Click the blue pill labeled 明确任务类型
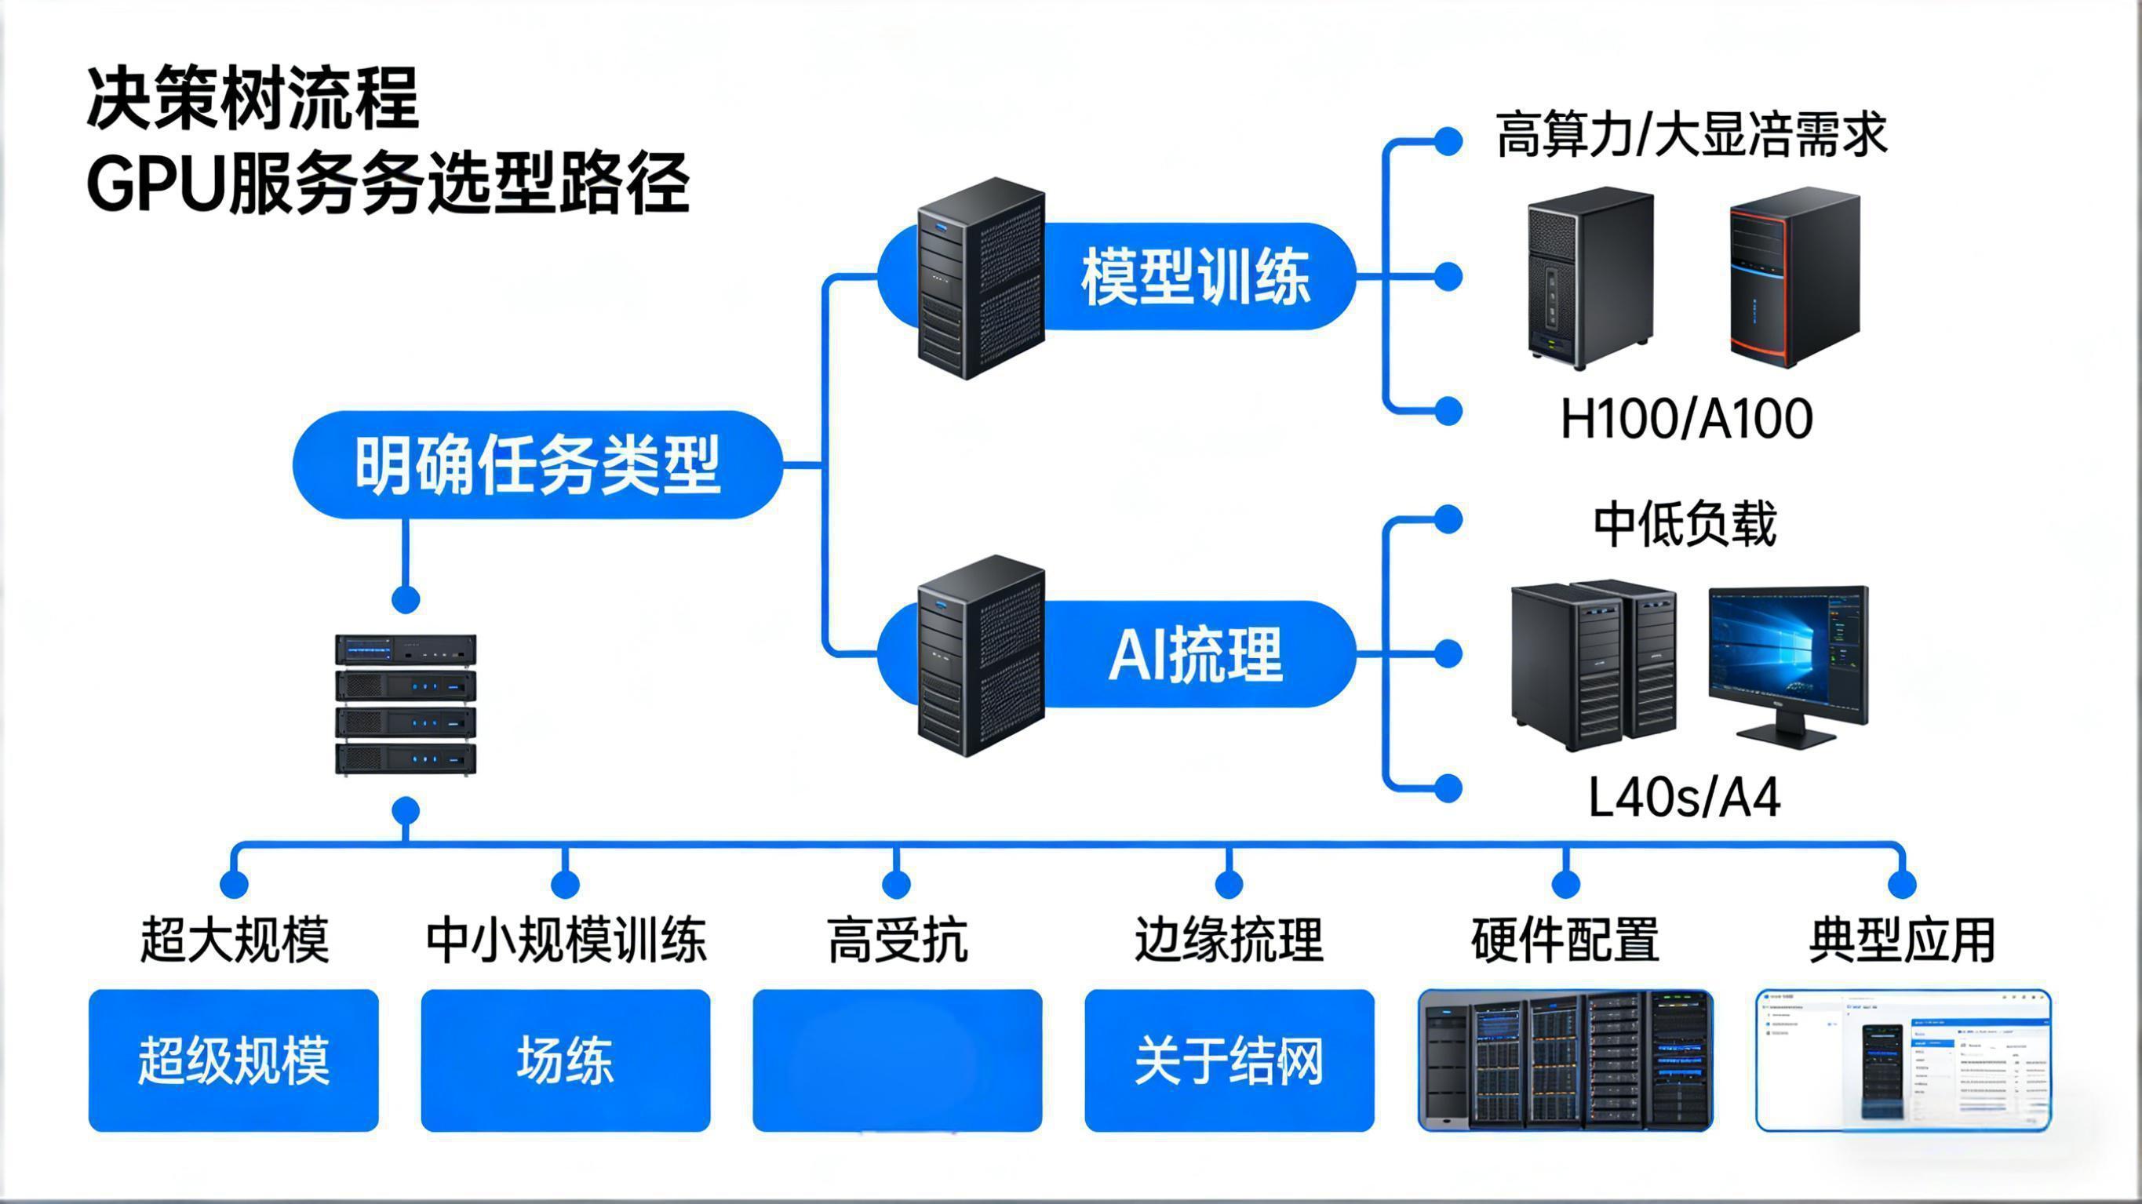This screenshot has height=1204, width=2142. tap(537, 465)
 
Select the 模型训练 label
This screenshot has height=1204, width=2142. tap(1195, 277)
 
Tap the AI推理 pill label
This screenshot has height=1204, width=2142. tap(1195, 655)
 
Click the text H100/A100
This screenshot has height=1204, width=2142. tap(1685, 419)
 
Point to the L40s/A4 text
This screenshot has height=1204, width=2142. tap(1684, 798)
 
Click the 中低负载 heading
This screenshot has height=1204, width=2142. tap(1685, 525)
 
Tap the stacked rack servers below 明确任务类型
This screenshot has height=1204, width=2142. tap(406, 705)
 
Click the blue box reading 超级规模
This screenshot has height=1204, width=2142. tap(234, 1060)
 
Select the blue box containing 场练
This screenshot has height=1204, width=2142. tap(566, 1060)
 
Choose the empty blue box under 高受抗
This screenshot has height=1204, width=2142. tap(898, 1060)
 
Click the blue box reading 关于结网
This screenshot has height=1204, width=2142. tap(1229, 1060)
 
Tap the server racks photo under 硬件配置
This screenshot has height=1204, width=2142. tap(1565, 1060)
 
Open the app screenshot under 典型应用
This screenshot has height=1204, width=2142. tap(1903, 1060)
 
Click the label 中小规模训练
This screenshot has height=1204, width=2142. tap(566, 940)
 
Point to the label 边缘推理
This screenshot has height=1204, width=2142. tap(1229, 940)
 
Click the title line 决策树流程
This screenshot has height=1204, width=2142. tap(253, 99)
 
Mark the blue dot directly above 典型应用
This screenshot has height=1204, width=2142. tap(1903, 884)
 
